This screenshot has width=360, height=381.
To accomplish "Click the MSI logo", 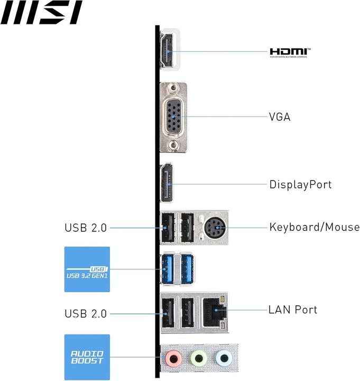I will [x=41, y=13].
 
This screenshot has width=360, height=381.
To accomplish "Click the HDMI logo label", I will [x=290, y=52].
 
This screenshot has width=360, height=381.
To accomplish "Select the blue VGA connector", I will [x=173, y=117].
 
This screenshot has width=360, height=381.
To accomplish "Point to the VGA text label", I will [x=280, y=117].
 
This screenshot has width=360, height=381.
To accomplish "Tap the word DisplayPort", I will [x=300, y=185].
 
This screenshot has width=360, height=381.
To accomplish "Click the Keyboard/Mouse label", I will [x=314, y=228].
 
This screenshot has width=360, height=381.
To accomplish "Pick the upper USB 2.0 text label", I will [x=86, y=228].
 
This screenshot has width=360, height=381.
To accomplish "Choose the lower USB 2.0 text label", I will [x=86, y=314].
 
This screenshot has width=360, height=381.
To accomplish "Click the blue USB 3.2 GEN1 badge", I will [x=87, y=269].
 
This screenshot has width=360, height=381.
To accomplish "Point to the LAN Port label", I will [x=293, y=310].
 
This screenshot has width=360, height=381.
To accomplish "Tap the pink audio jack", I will [x=172, y=359].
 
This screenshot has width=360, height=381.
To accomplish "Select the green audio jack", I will [x=198, y=359].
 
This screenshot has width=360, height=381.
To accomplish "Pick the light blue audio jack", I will [x=223, y=359].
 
